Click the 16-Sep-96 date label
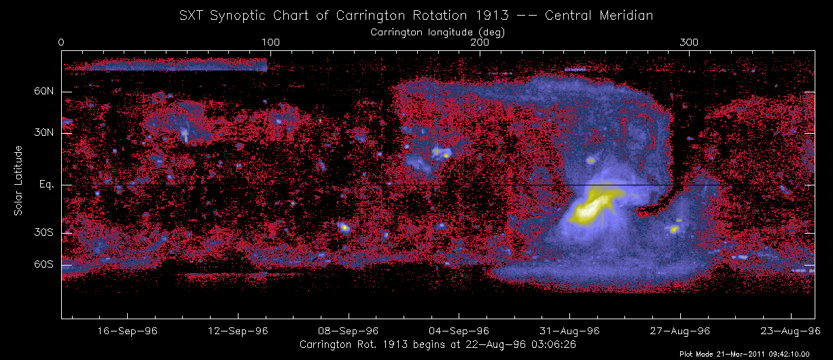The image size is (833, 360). pyautogui.click(x=128, y=331)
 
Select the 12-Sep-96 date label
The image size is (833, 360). pyautogui.click(x=238, y=331)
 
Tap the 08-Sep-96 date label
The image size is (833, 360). pyautogui.click(x=349, y=331)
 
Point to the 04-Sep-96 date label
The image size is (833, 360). pyautogui.click(x=459, y=331)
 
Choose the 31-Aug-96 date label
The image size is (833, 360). pyautogui.click(x=570, y=331)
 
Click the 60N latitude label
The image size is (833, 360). pyautogui.click(x=43, y=92)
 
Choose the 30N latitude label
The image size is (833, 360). pyautogui.click(x=43, y=134)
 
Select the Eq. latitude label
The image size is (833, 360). pyautogui.click(x=46, y=185)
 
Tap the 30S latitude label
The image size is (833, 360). pyautogui.click(x=43, y=233)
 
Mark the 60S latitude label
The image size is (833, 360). pyautogui.click(x=43, y=264)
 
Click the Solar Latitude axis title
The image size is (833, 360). pyautogui.click(x=19, y=181)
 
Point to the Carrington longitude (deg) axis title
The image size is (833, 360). pyautogui.click(x=438, y=31)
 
